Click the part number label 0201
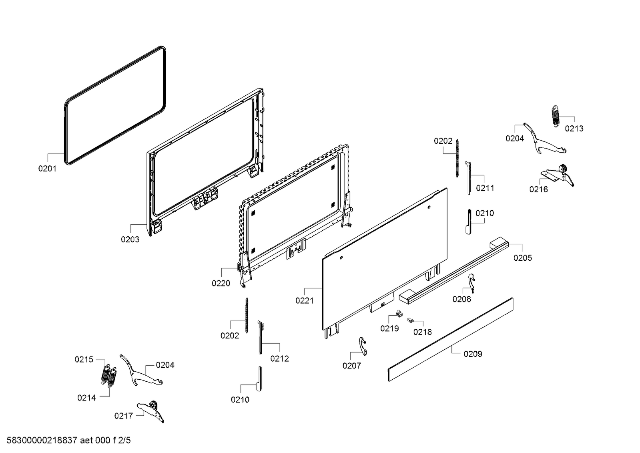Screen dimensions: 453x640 (47, 169)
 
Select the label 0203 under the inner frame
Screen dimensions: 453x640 (130, 240)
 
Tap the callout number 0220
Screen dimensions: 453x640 (221, 284)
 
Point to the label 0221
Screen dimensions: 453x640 (305, 301)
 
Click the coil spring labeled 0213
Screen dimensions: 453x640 (555, 116)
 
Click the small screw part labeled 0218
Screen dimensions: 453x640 (409, 320)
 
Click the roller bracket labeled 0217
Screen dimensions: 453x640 (151, 410)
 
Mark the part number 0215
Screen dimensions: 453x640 (84, 360)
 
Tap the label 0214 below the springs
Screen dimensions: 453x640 (86, 398)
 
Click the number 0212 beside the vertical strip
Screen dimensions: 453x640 (279, 359)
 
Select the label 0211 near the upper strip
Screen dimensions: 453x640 (485, 188)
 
